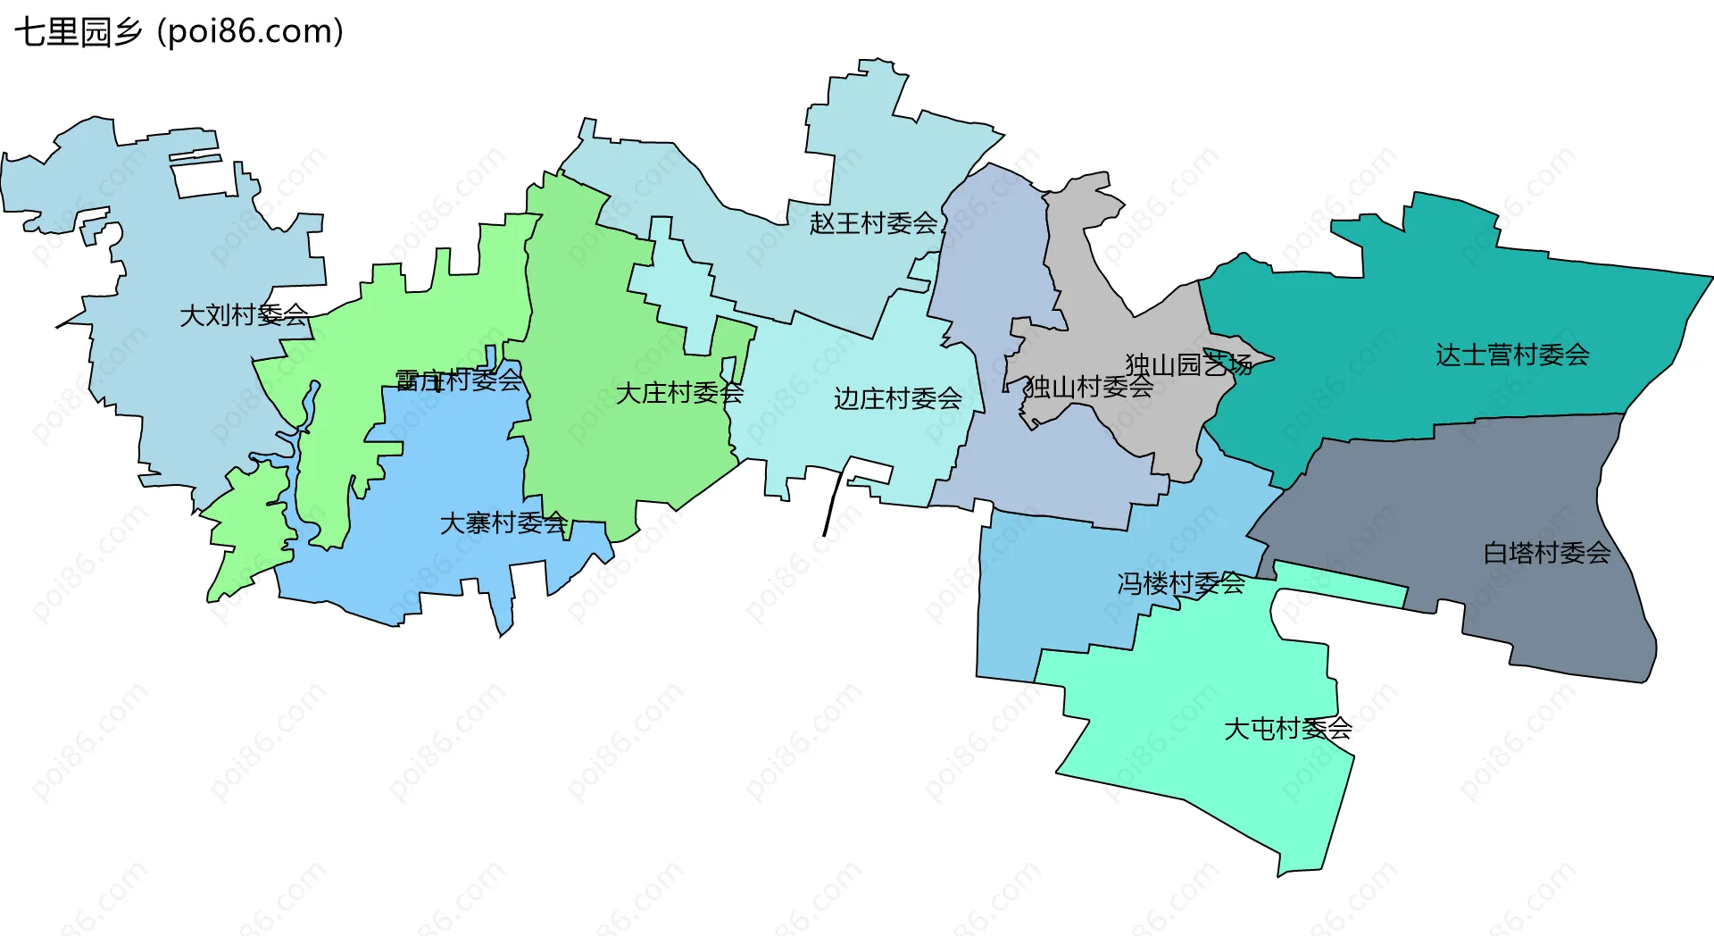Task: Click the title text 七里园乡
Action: (x=79, y=32)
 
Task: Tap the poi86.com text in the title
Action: (x=250, y=32)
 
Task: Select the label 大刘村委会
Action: (x=244, y=315)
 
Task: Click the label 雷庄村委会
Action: (x=459, y=380)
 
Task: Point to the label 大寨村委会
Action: (x=503, y=523)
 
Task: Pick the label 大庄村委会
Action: (x=679, y=393)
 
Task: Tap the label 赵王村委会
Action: (x=873, y=223)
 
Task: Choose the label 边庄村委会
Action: (x=897, y=398)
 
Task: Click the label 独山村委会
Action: (x=1089, y=388)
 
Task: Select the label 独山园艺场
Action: (x=1188, y=364)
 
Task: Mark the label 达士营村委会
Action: (x=1512, y=355)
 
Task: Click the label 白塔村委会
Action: (x=1547, y=554)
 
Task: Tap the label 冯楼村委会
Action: (x=1181, y=584)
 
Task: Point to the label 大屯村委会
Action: (x=1287, y=729)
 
